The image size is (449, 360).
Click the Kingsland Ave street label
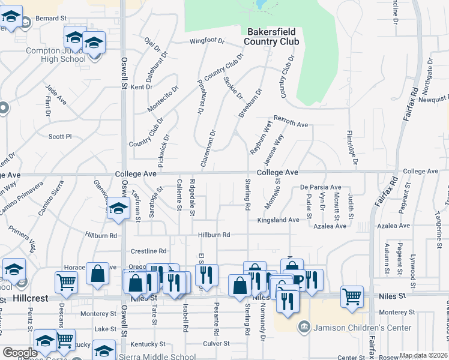point(278,220)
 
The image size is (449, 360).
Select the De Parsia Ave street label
point(321,187)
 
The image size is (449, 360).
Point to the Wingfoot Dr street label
point(206,41)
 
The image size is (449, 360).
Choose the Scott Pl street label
point(60,136)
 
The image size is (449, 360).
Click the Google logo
point(19,353)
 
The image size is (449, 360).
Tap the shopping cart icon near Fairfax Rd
point(352,295)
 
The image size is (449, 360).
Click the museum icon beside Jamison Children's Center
point(304,327)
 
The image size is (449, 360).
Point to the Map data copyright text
point(424,355)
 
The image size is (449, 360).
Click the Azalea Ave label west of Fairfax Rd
point(330,226)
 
